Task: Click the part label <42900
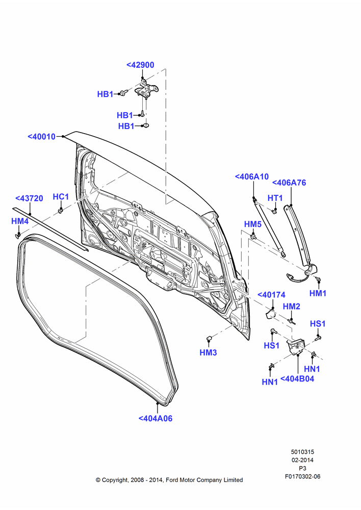tap(140, 65)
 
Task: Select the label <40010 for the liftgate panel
tap(42, 137)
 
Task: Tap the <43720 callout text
tap(29, 198)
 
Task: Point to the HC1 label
tap(61, 197)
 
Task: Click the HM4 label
tap(20, 221)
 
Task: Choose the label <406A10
tap(252, 176)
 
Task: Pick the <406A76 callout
tap(289, 183)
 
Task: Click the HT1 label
tap(275, 198)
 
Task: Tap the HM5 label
tap(253, 224)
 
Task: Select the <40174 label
tap(271, 295)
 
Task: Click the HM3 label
tap(208, 352)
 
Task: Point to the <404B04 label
tap(297, 379)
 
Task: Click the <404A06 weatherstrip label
tap(156, 419)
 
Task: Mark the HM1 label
tap(318, 293)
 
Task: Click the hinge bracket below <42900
tap(146, 89)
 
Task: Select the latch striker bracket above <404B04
tap(296, 347)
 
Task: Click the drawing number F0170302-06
tap(302, 476)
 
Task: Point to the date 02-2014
tap(302, 460)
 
